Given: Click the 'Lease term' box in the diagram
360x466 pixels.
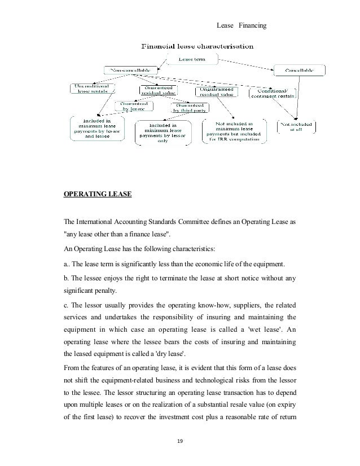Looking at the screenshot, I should tap(192, 58).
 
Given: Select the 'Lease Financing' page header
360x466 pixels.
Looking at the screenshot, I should tap(244, 25).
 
